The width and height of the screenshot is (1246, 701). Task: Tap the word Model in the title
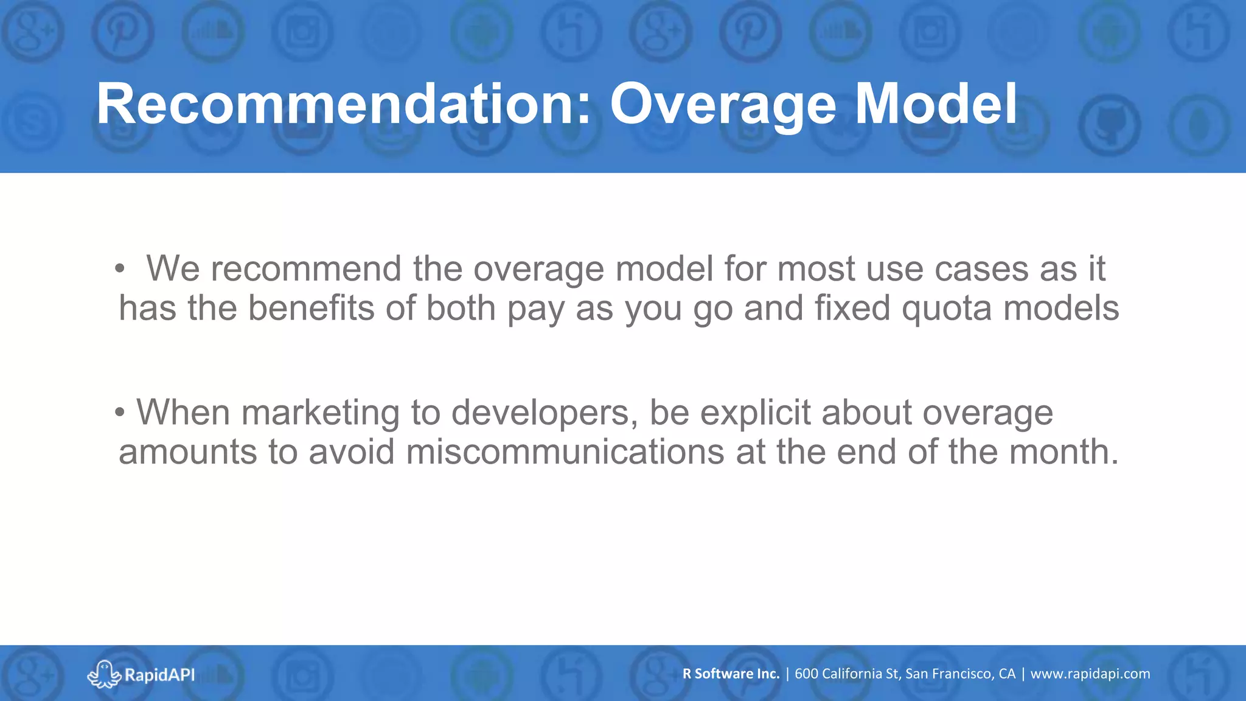pyautogui.click(x=936, y=105)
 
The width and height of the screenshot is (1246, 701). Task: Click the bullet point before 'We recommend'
pyautogui.click(x=120, y=268)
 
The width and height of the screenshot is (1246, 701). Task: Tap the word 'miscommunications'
pyautogui.click(x=565, y=452)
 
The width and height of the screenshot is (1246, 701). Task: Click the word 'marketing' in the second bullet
pyautogui.click(x=321, y=413)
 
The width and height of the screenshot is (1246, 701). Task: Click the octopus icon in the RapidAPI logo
pyautogui.click(x=104, y=674)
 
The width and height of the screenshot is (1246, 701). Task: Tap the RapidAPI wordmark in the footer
pyautogui.click(x=159, y=675)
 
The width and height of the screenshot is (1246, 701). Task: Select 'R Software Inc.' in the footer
pyautogui.click(x=731, y=674)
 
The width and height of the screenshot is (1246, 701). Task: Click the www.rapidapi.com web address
pyautogui.click(x=1090, y=674)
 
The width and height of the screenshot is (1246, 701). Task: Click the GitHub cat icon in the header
pyautogui.click(x=1110, y=125)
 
